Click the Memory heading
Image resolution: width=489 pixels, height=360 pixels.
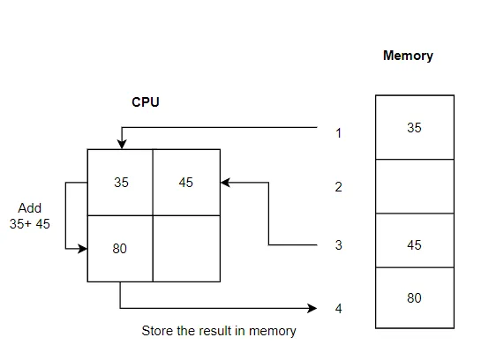[408, 56]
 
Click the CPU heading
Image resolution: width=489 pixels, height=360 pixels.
[146, 102]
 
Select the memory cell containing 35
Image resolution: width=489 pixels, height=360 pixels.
[414, 127]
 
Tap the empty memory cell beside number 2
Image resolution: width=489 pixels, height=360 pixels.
[414, 186]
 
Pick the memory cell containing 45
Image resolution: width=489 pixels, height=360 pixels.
[414, 244]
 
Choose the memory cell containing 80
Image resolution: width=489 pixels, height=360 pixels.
[414, 298]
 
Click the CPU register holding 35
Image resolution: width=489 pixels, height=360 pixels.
[121, 183]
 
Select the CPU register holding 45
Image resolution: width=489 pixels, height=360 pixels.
[186, 183]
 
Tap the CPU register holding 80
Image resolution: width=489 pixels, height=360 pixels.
[121, 249]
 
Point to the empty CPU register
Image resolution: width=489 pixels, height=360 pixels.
[186, 249]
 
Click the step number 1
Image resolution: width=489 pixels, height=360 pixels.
[338, 134]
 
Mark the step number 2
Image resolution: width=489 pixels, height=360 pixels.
[338, 187]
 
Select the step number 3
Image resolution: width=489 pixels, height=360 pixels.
[338, 245]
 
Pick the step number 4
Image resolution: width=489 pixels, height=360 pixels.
[338, 309]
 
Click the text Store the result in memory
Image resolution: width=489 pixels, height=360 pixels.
[219, 331]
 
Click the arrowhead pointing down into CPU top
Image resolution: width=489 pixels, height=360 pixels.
[121, 144]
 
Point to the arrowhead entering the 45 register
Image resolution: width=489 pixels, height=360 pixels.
[226, 183]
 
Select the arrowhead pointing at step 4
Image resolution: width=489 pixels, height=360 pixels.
[312, 308]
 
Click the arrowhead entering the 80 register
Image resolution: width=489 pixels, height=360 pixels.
[83, 249]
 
